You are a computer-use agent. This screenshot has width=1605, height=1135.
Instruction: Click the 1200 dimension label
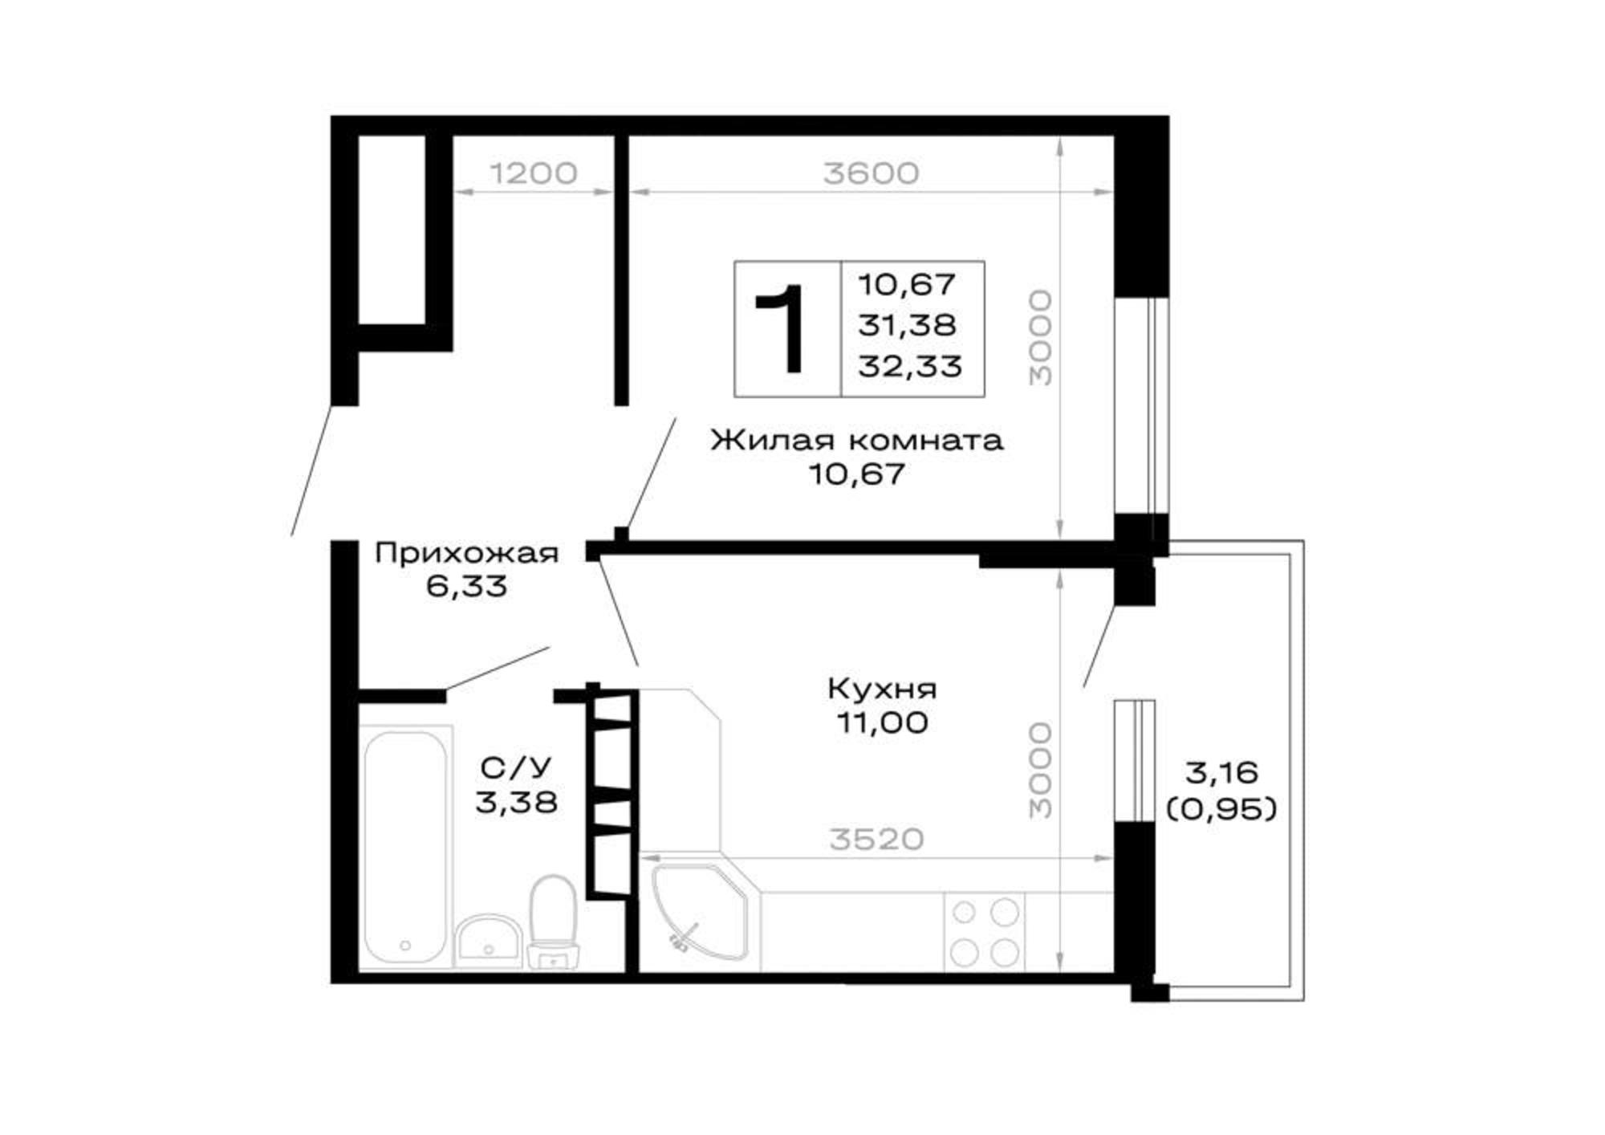[533, 173]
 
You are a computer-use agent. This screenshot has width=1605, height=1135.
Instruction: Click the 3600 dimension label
[871, 173]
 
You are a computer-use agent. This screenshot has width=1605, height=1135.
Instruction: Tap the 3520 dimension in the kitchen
[876, 839]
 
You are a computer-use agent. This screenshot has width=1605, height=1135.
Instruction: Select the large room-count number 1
[782, 328]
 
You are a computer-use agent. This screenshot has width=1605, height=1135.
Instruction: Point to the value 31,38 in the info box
[907, 325]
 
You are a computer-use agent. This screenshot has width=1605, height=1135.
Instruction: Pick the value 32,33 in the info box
[909, 367]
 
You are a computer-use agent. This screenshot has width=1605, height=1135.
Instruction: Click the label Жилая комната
[856, 440]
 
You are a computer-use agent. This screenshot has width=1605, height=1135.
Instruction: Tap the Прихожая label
[466, 553]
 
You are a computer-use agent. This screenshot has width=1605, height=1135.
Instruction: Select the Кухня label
[882, 688]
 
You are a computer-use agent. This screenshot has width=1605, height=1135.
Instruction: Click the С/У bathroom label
[517, 768]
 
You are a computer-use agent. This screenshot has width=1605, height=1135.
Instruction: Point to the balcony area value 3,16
[1221, 773]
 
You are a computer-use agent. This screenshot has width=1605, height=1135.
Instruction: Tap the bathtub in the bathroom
[405, 847]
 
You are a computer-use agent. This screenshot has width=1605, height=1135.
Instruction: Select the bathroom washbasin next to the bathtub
[490, 941]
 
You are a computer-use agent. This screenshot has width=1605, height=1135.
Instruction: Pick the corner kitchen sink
[699, 911]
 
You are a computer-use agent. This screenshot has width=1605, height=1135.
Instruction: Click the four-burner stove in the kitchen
[985, 932]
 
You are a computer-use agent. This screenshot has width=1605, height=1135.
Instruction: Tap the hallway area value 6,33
[466, 587]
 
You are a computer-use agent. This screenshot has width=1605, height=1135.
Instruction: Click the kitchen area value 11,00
[882, 722]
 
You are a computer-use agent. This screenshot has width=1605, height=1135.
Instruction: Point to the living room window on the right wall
[1141, 405]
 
